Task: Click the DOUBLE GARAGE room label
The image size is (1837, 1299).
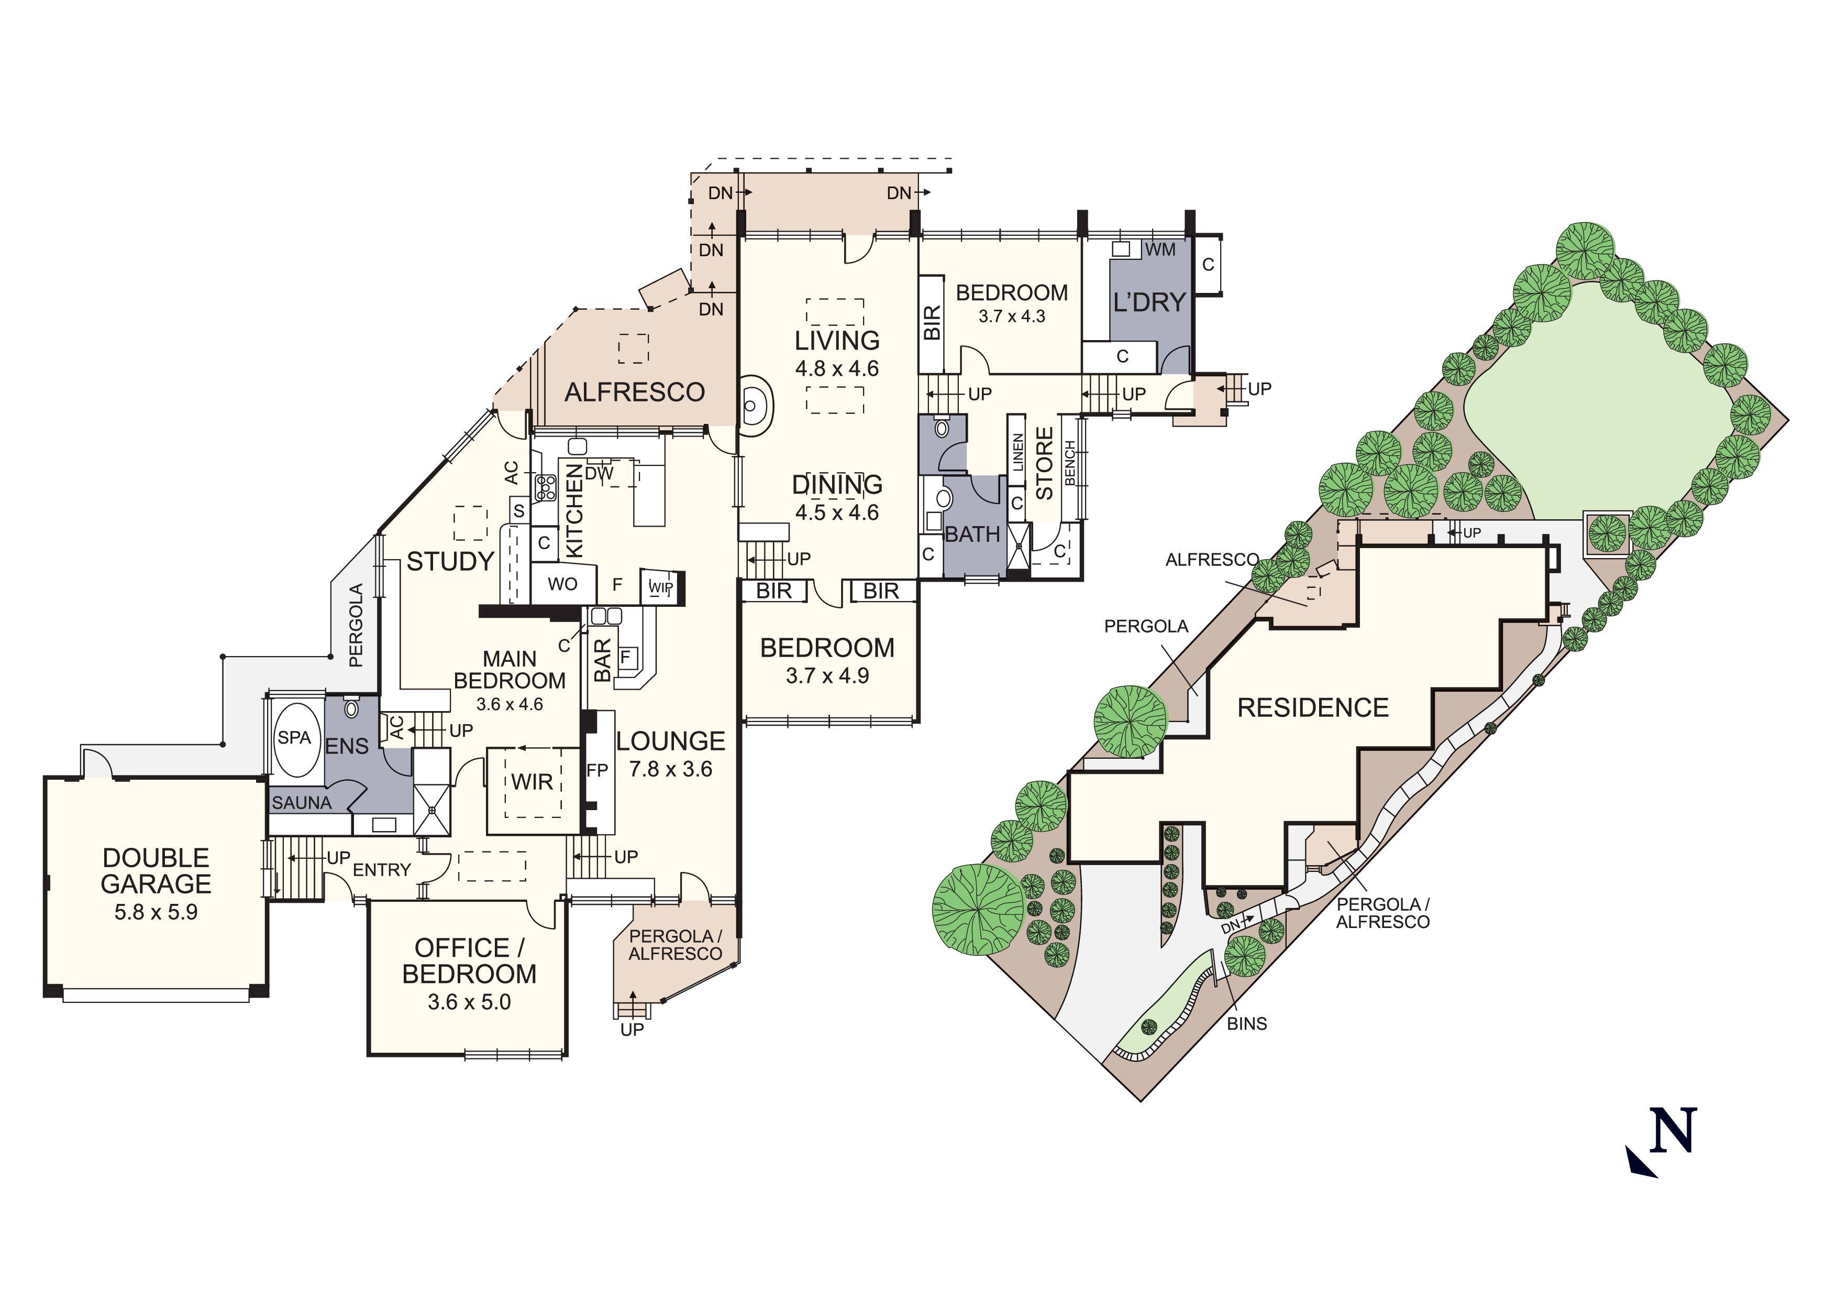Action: [156, 871]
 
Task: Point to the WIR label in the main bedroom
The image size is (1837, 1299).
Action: [532, 782]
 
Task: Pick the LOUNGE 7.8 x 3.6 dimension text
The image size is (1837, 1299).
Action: [670, 769]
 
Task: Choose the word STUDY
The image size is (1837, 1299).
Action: [450, 562]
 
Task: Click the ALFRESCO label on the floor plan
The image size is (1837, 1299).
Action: [635, 392]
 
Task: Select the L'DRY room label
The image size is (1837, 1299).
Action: [1149, 302]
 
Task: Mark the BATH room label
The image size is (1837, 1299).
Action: [972, 534]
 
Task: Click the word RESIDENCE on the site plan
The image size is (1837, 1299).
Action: [1313, 707]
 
